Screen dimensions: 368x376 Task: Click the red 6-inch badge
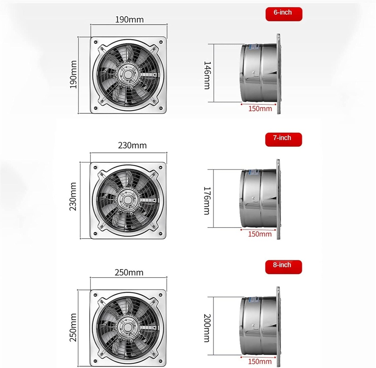click(x=283, y=13)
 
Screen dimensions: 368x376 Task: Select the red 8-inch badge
click(x=283, y=265)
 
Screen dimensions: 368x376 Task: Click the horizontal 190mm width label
click(x=129, y=19)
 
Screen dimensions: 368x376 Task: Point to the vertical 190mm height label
click(x=73, y=75)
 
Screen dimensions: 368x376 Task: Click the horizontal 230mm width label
click(x=132, y=145)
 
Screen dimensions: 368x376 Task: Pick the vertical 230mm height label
click(x=73, y=201)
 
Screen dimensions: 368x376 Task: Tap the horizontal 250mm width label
click(x=129, y=272)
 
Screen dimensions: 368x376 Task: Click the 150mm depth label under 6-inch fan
click(x=260, y=109)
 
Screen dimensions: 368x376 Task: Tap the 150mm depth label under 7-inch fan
click(x=260, y=234)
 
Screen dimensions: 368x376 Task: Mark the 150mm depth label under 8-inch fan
click(x=260, y=362)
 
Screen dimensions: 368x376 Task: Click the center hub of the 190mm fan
click(x=128, y=74)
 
